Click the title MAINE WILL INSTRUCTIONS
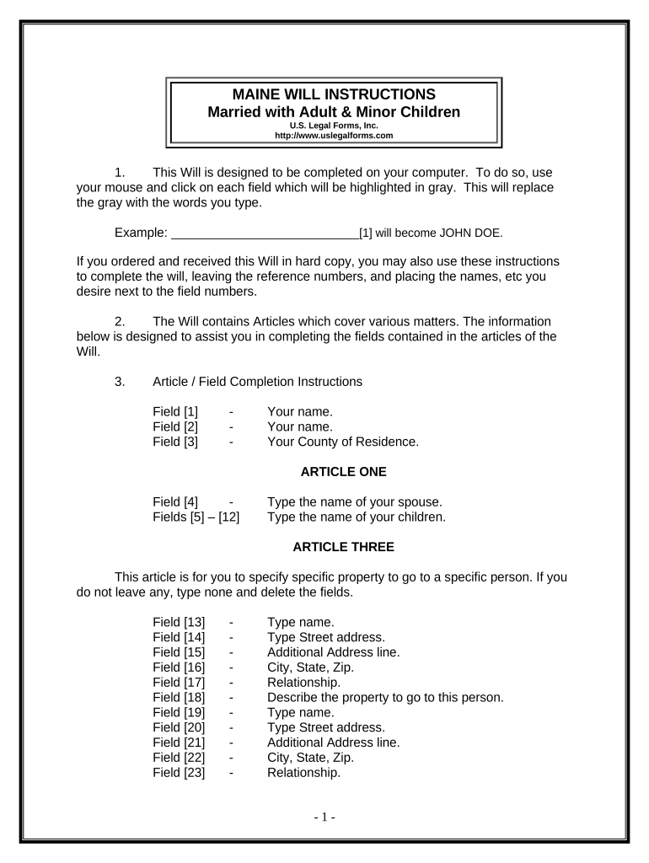pyautogui.click(x=334, y=94)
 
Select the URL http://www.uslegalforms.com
pyautogui.click(x=334, y=135)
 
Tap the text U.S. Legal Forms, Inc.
pyautogui.click(x=334, y=126)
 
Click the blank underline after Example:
pyautogui.click(x=265, y=233)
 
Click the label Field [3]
pyautogui.click(x=175, y=442)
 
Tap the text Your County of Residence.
pyautogui.click(x=342, y=442)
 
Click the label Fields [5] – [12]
pyautogui.click(x=196, y=517)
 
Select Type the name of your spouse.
pyautogui.click(x=354, y=502)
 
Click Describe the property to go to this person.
pyautogui.click(x=384, y=697)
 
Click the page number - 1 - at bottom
pyautogui.click(x=324, y=817)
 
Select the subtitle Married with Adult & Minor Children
pyautogui.click(x=334, y=112)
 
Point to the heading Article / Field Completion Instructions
pyautogui.click(x=257, y=382)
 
